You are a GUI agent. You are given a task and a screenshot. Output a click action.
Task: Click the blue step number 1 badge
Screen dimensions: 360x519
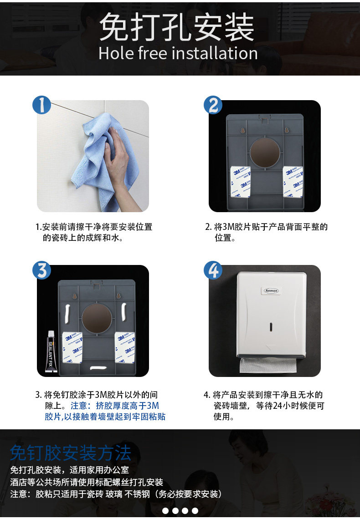[42, 105]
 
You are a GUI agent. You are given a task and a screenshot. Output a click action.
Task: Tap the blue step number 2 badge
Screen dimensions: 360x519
[213, 105]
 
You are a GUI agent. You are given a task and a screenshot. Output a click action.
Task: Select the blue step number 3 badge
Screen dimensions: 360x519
[42, 270]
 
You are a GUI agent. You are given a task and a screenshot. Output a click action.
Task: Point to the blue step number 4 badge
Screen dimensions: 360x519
[213, 270]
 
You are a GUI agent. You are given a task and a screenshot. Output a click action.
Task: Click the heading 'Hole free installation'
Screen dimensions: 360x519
[178, 53]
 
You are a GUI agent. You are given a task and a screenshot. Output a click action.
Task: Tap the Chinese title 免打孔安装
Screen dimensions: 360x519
[177, 27]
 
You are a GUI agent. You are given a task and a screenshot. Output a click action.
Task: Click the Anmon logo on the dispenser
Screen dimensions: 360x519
[271, 290]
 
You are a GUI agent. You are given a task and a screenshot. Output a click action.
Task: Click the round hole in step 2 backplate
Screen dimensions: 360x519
[265, 153]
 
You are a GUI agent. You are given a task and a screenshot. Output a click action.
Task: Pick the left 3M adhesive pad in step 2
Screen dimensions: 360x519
[241, 181]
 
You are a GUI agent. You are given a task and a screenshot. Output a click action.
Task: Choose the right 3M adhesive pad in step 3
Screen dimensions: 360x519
[125, 347]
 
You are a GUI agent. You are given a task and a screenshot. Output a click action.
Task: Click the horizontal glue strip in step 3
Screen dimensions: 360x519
[98, 368]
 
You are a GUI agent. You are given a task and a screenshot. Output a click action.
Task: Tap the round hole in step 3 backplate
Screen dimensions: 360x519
[97, 318]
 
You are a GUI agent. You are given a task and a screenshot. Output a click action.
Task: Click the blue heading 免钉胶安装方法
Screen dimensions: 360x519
[71, 453]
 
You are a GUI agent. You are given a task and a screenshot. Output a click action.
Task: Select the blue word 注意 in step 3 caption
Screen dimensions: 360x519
[79, 406]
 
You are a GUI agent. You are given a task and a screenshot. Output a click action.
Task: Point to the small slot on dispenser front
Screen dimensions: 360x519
[271, 327]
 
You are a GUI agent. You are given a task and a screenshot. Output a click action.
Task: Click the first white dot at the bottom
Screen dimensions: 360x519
[165, 511]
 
